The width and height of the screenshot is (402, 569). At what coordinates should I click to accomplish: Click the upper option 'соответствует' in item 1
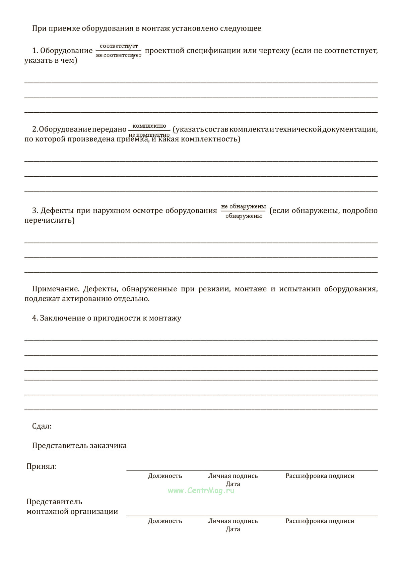[x=119, y=46]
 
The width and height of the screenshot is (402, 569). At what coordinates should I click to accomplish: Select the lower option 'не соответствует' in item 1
[x=119, y=55]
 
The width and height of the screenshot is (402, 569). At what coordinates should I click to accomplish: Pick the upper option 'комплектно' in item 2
[x=149, y=126]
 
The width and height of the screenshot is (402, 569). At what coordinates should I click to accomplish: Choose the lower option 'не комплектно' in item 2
[x=149, y=134]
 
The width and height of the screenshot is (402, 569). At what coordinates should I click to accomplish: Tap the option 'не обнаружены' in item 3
[x=244, y=206]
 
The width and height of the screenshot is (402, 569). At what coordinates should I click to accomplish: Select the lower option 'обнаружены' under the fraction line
[x=244, y=216]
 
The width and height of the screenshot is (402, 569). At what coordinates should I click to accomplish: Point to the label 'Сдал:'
[x=42, y=426]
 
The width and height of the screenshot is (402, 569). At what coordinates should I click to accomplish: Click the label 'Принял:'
[x=42, y=466]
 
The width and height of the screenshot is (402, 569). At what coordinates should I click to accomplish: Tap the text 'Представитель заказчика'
[x=79, y=446]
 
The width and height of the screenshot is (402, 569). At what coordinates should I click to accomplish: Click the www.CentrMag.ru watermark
[x=201, y=491]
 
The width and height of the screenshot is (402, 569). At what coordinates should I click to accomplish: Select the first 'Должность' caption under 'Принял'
[x=165, y=476]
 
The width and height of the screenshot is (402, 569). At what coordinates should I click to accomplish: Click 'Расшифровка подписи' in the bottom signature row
[x=320, y=521]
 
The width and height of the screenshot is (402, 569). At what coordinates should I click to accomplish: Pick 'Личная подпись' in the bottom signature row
[x=233, y=521]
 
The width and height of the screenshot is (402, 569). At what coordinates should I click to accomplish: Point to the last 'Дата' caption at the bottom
[x=233, y=529]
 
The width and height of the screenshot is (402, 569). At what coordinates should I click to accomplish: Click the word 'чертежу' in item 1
[x=276, y=51]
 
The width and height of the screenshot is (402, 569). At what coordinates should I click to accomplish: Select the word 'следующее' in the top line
[x=240, y=28]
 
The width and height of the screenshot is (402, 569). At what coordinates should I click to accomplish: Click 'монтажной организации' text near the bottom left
[x=72, y=511]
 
